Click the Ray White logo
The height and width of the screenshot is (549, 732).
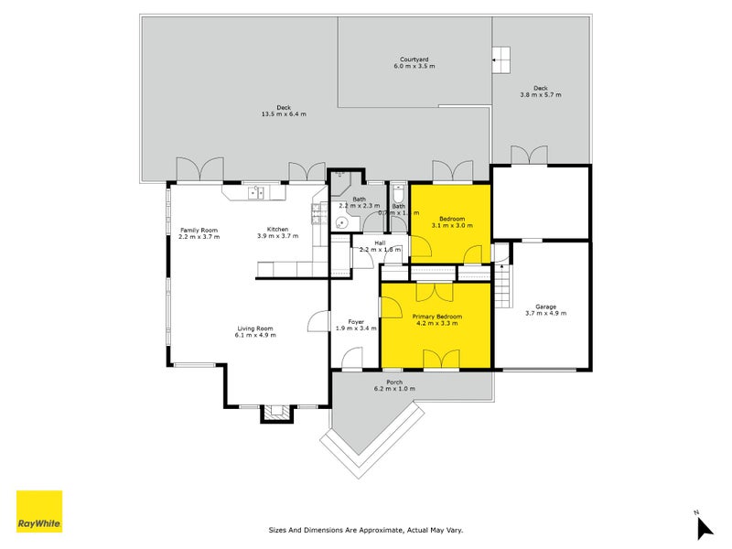[x=39, y=511]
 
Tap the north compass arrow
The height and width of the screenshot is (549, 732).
[x=704, y=527]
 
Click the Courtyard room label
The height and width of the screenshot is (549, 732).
[x=415, y=59]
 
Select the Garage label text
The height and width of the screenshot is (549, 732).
[x=545, y=307]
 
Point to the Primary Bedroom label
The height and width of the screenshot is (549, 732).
[x=436, y=317]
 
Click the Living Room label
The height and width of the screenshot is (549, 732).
[x=255, y=328]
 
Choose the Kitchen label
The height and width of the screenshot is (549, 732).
[x=277, y=229]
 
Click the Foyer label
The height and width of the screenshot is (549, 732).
[x=356, y=321]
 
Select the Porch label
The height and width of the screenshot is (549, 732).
[x=394, y=382]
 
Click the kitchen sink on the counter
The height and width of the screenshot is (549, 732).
[x=256, y=192]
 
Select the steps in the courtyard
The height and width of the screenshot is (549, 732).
[x=501, y=59]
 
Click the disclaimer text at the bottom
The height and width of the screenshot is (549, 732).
[x=365, y=530]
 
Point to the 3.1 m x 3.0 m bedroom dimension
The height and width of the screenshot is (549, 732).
[x=452, y=225]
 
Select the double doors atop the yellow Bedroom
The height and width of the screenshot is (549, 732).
[x=452, y=170]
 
